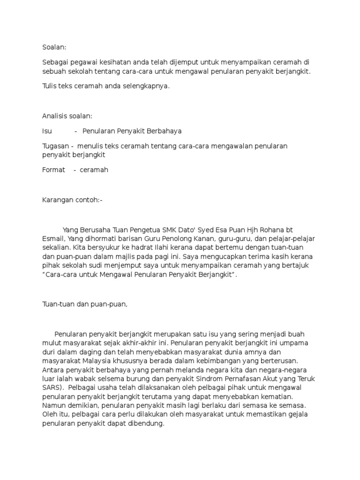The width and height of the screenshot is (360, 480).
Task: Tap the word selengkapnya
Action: click(x=146, y=86)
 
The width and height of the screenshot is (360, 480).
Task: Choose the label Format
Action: click(x=53, y=170)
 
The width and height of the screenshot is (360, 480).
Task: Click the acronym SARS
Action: click(x=52, y=388)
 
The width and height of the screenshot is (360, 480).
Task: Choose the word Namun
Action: click(x=53, y=405)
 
